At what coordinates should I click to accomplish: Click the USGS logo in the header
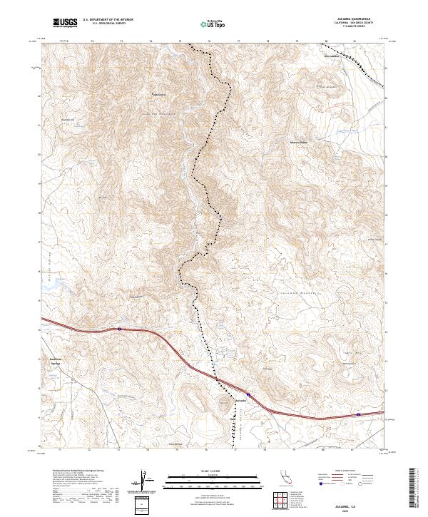[65, 23]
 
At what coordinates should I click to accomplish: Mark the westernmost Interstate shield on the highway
[119, 329]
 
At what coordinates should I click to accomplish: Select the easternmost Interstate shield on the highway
[358, 414]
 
